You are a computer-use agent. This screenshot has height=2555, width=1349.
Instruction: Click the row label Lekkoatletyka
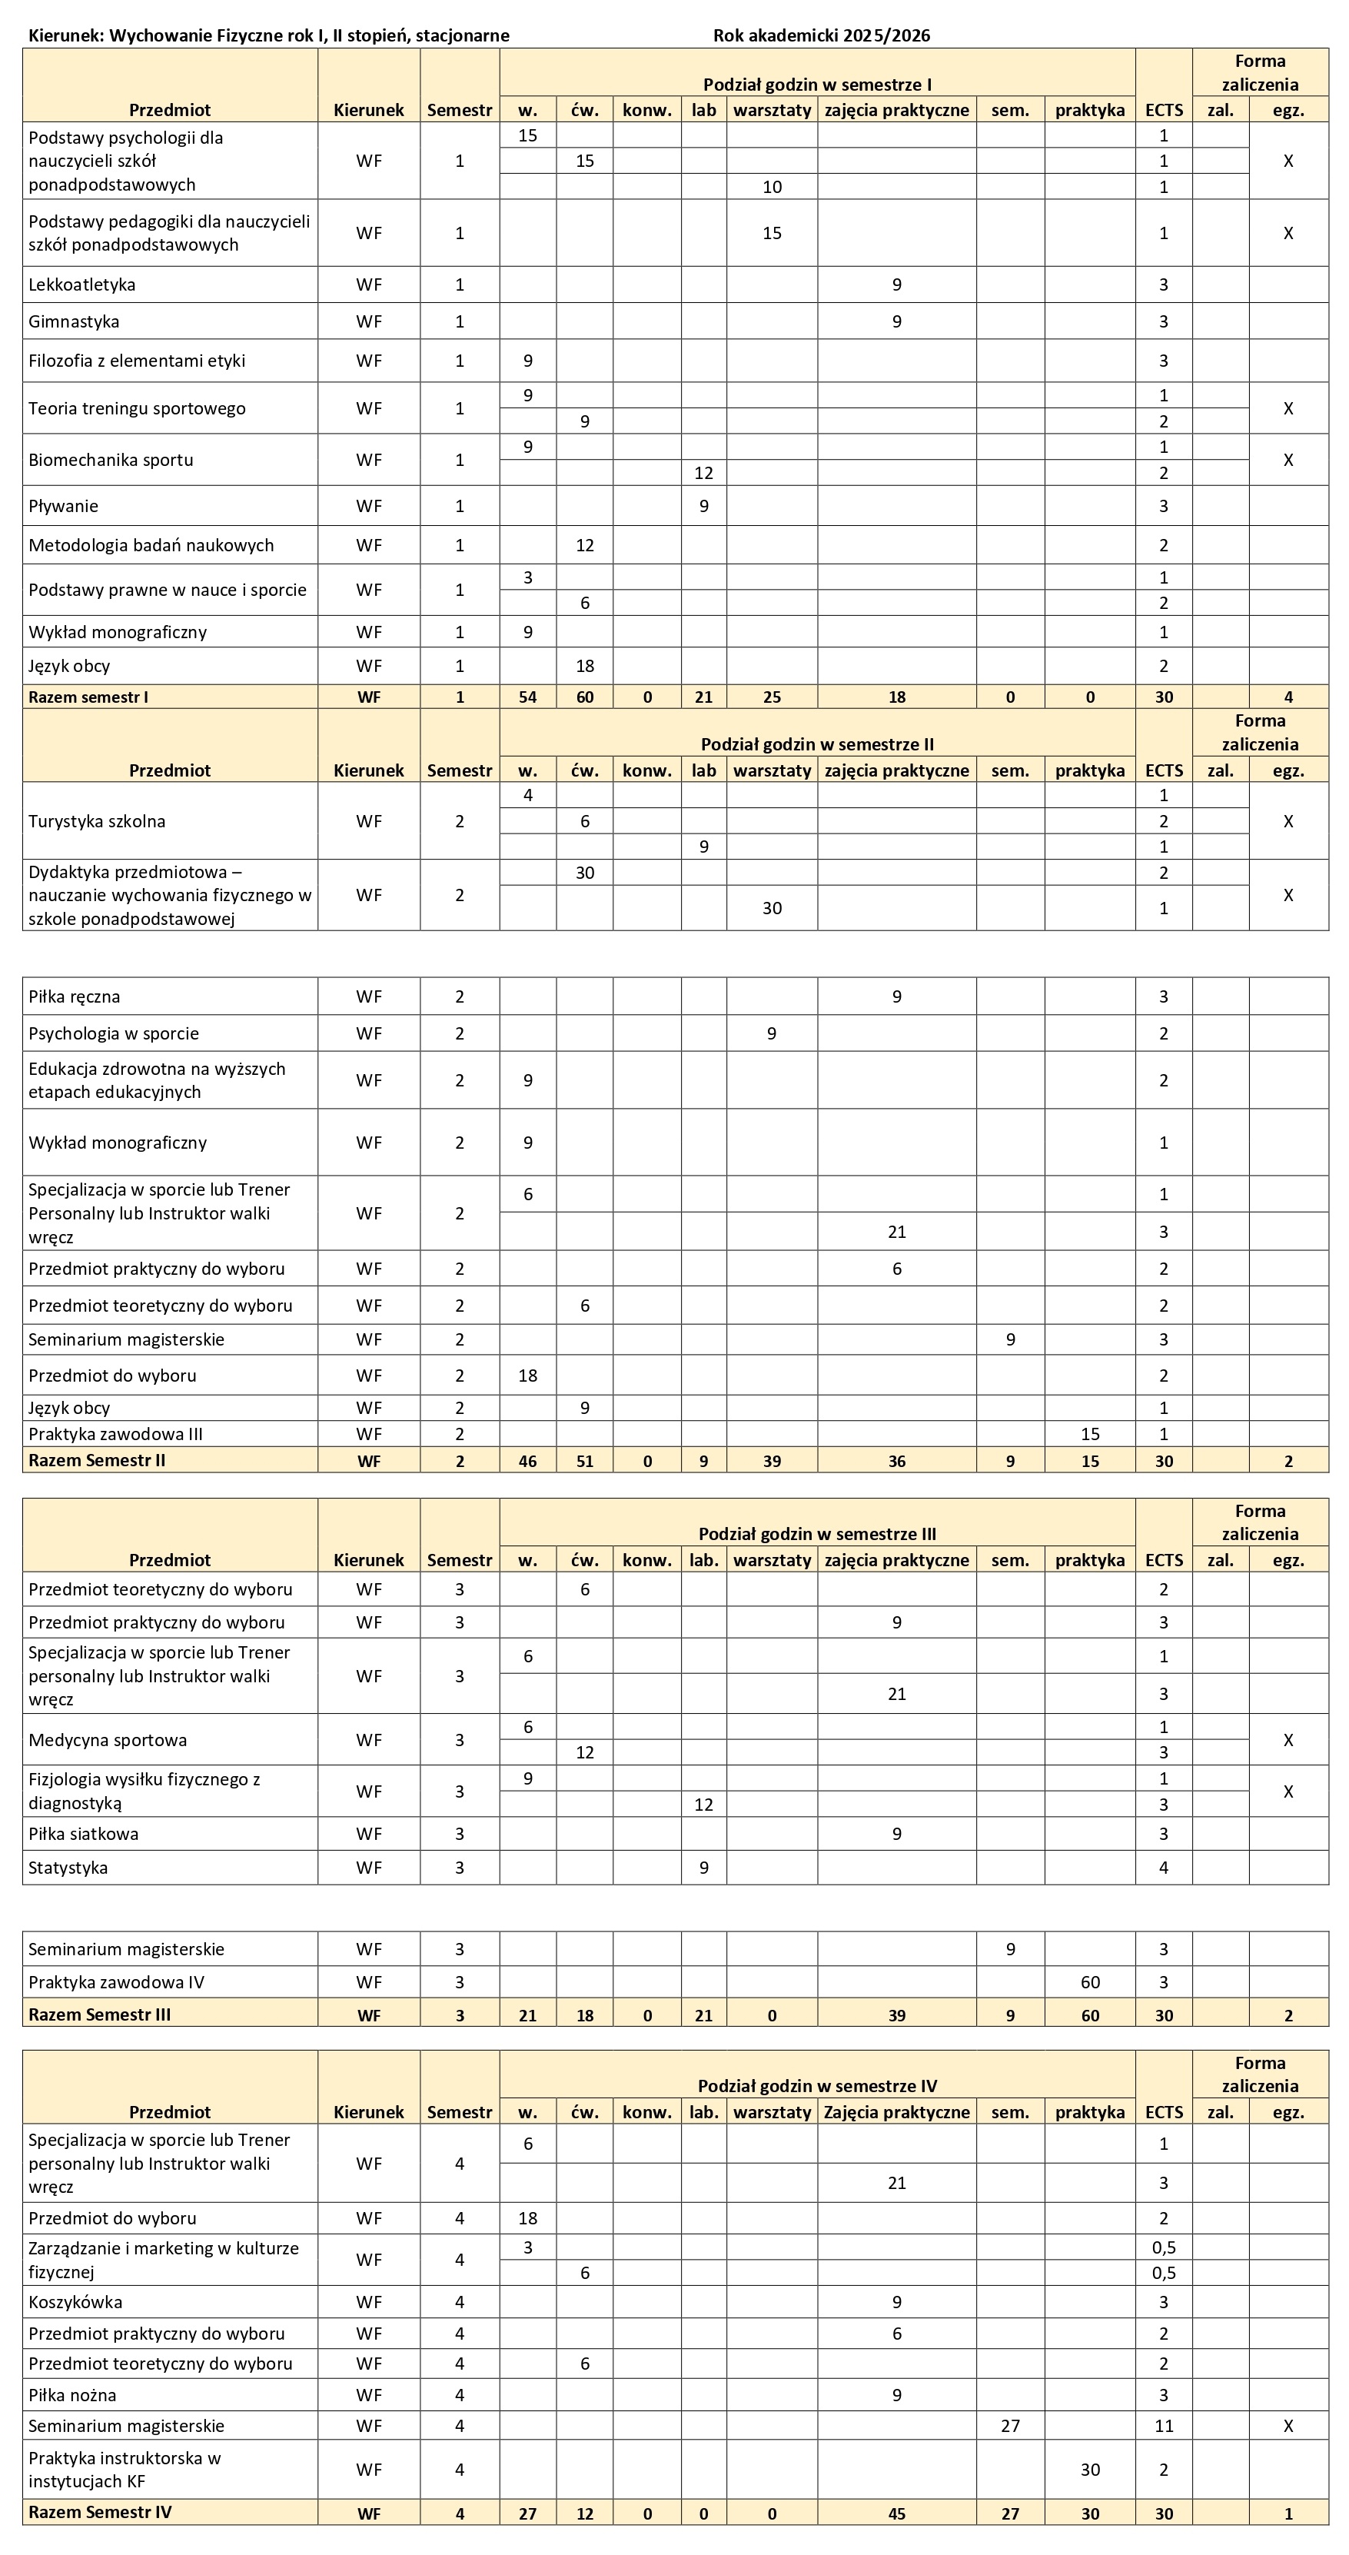point(81,284)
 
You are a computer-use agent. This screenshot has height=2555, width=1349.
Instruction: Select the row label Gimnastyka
point(75,321)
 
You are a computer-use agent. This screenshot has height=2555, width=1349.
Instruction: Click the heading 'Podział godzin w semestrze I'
point(816,85)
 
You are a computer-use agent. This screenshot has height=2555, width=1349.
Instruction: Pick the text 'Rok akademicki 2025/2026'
point(821,35)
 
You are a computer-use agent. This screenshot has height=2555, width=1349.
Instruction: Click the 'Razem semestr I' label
point(88,697)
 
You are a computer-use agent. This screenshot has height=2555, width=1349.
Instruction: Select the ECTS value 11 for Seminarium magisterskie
point(1164,2425)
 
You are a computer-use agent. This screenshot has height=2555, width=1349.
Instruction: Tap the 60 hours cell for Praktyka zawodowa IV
point(1089,1981)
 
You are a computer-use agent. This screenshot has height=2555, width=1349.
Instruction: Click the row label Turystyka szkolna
point(97,821)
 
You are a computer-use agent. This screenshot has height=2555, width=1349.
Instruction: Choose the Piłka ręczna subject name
point(75,996)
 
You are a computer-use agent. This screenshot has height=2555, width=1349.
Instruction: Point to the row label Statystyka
point(68,1868)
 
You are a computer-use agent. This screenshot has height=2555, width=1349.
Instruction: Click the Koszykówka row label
point(75,2301)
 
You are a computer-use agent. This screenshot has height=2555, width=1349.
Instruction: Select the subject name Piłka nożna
point(72,2394)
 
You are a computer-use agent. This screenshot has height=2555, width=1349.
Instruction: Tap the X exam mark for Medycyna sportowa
point(1288,1740)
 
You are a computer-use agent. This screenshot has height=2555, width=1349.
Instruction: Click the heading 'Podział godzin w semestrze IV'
point(816,2085)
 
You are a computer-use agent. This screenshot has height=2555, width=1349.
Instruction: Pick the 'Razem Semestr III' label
point(99,2014)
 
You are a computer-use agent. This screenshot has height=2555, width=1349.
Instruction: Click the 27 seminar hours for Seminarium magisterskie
point(1010,2425)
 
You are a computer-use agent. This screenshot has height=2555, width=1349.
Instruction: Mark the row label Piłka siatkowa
point(83,1834)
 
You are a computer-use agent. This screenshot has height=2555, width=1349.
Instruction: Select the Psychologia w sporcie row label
point(114,1033)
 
